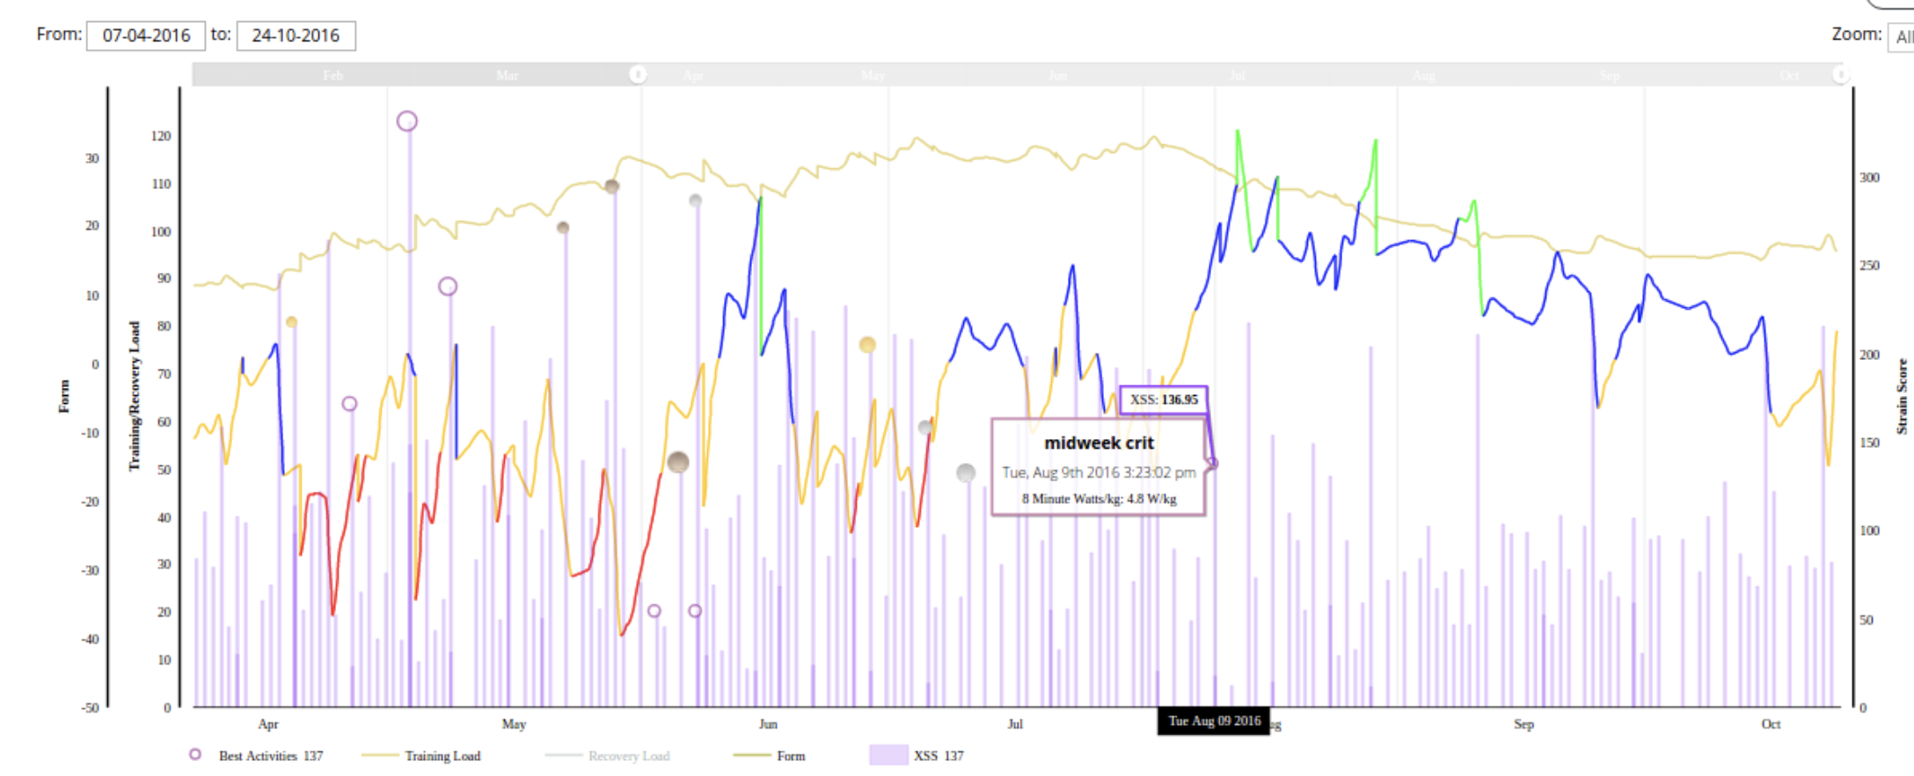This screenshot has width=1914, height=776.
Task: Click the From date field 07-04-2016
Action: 146,36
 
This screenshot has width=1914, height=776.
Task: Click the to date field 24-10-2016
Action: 296,36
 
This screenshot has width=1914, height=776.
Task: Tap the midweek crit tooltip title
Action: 1099,443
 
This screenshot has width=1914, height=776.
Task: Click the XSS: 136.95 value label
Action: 1163,399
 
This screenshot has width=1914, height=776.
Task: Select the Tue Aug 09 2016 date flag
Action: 1214,721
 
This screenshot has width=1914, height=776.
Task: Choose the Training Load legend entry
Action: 442,756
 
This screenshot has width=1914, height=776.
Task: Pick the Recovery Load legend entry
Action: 628,756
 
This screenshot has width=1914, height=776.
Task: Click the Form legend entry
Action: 790,756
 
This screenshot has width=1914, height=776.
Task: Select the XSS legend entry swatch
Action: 888,756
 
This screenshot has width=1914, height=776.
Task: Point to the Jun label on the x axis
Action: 768,724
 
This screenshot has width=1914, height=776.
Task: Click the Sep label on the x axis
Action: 1523,724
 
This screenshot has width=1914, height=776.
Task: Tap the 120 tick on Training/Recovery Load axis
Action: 161,136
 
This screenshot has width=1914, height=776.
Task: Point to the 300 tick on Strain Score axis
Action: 1869,178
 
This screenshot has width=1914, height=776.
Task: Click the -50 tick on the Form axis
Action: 91,707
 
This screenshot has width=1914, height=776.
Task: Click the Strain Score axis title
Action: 1902,396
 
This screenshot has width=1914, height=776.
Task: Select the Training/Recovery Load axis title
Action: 135,396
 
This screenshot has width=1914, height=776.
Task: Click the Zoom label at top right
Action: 1856,34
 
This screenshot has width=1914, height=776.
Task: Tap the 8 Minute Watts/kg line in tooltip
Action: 1099,499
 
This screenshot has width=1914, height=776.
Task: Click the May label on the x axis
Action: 514,724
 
